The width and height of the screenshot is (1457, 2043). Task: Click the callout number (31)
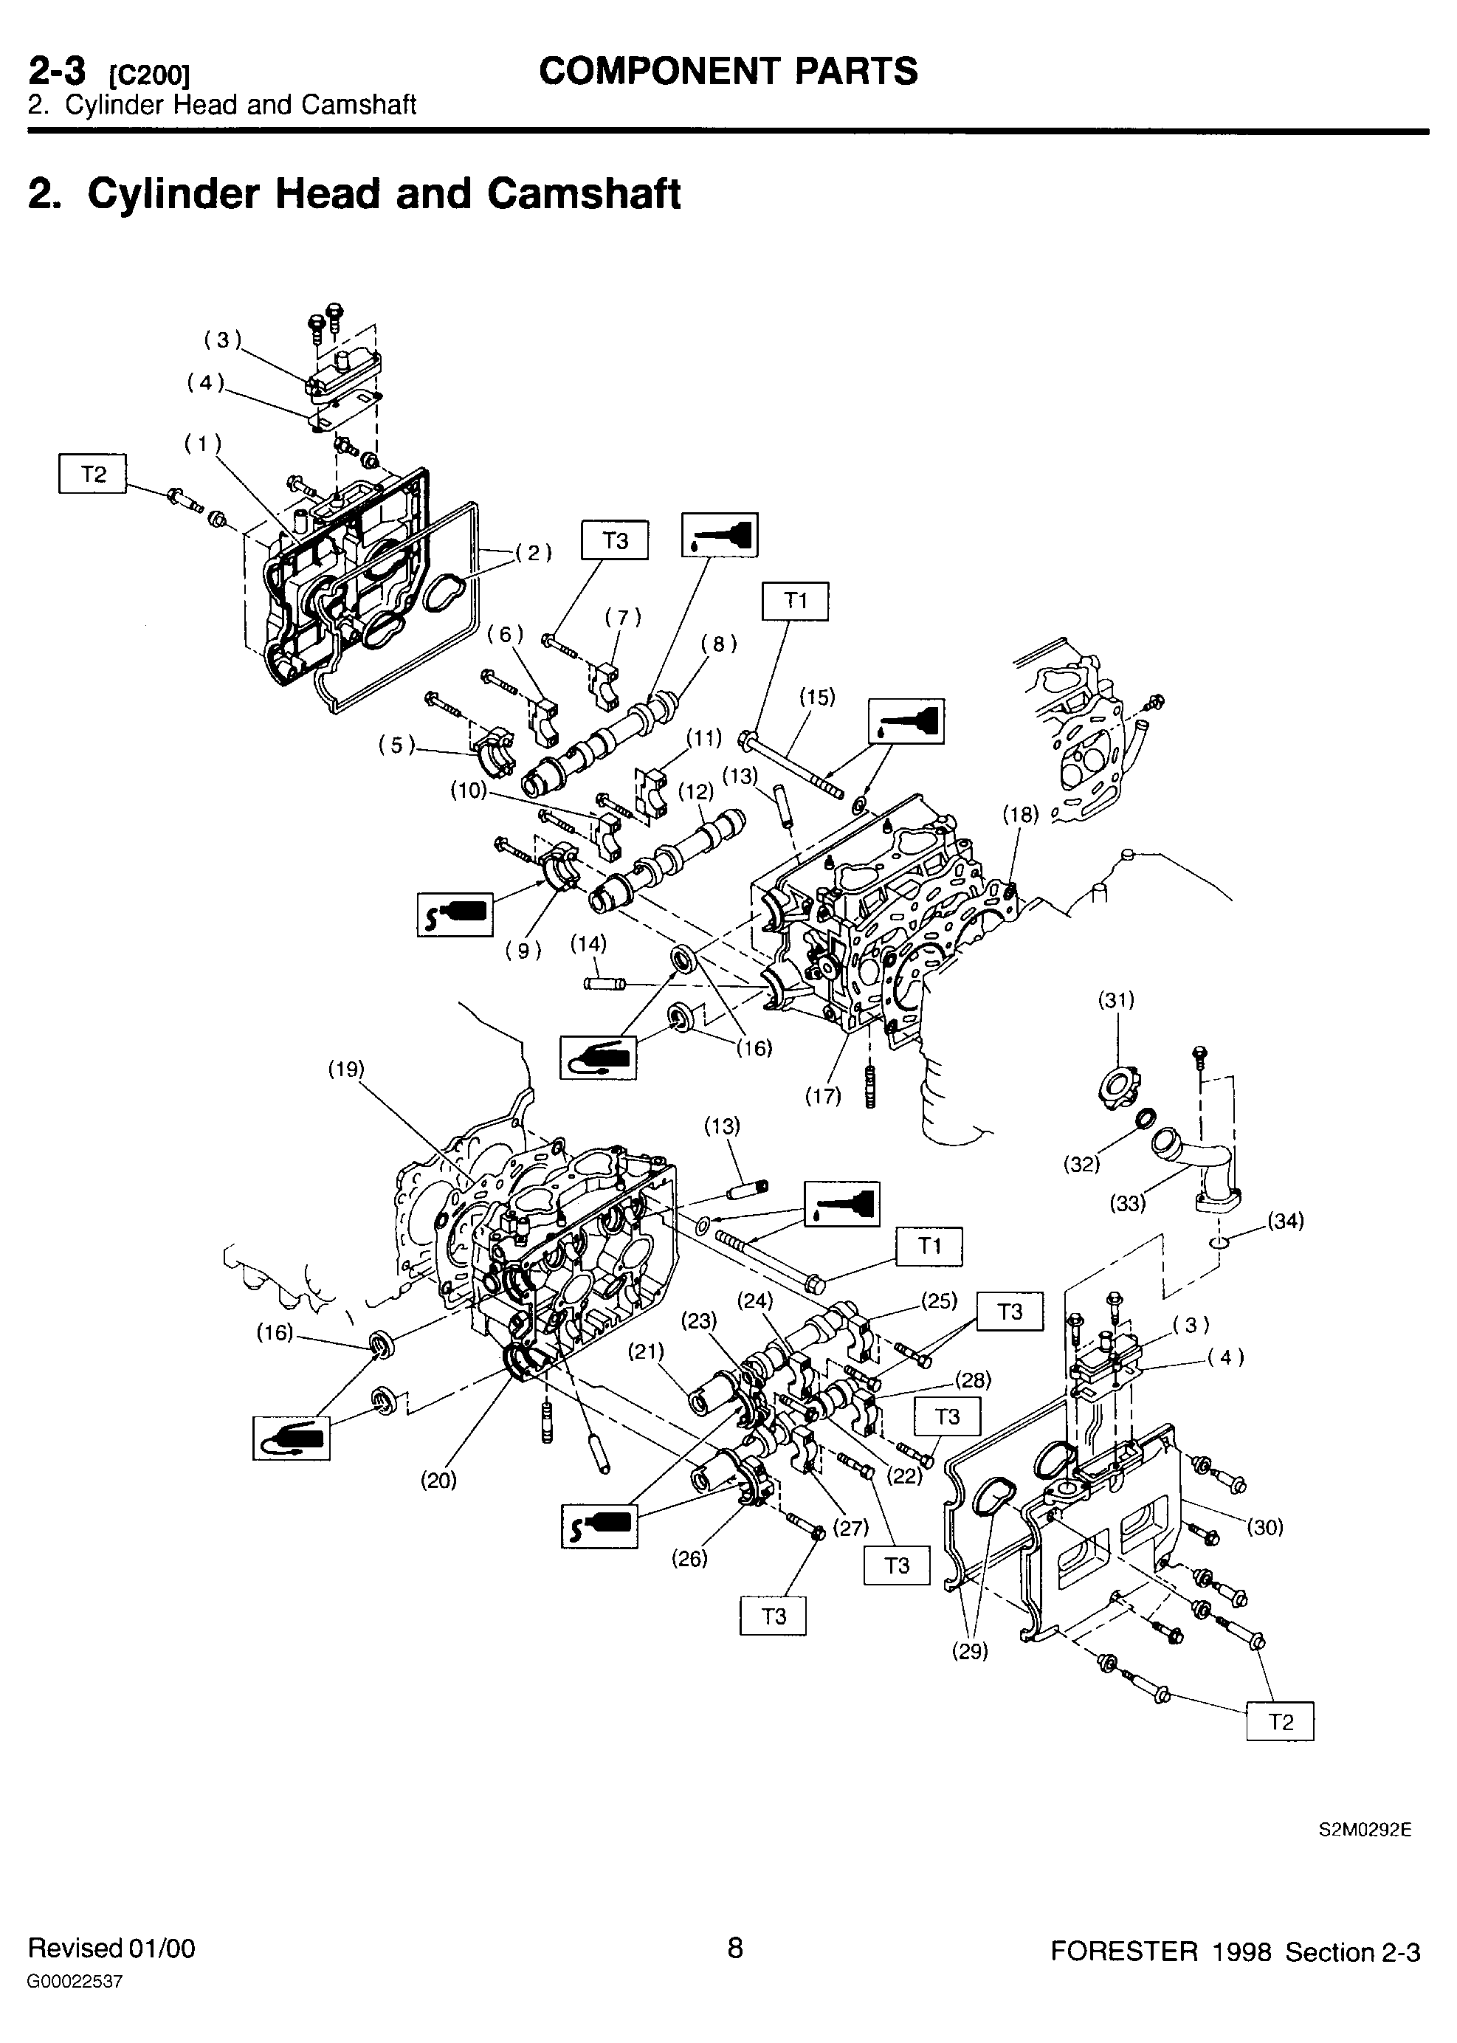(x=1117, y=999)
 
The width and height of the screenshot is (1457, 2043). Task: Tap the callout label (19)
(x=346, y=1069)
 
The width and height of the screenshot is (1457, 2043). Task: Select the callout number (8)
(x=720, y=644)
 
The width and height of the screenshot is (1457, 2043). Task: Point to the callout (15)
(x=817, y=696)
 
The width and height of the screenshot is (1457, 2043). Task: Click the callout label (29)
(x=970, y=1651)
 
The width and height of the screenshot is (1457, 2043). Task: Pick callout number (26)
(x=690, y=1559)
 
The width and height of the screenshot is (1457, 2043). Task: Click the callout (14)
(x=588, y=943)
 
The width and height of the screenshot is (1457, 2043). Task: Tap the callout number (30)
(x=1265, y=1526)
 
